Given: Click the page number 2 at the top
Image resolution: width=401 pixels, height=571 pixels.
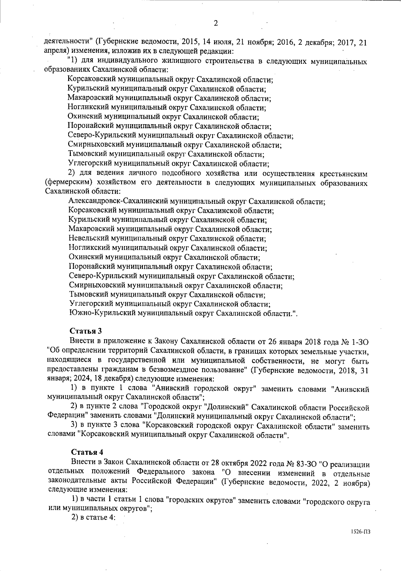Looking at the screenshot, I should [216, 23].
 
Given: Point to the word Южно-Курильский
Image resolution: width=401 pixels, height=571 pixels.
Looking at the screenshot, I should [96, 313].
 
